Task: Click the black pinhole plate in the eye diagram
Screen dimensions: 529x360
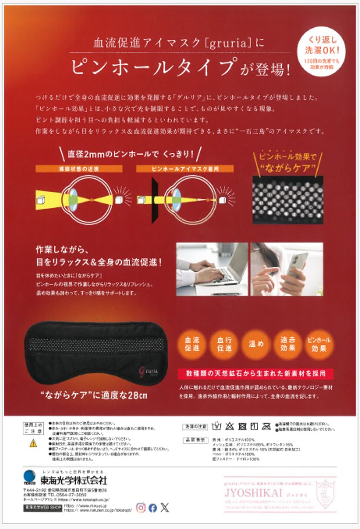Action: click(154, 201)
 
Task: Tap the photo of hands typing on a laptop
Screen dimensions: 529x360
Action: click(212, 269)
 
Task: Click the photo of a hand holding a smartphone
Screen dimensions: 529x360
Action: click(287, 269)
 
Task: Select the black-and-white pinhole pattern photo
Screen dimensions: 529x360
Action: click(287, 200)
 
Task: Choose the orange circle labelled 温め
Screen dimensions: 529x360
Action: click(256, 344)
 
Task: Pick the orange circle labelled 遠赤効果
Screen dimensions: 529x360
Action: click(288, 344)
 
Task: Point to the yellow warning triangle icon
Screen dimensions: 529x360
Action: click(33, 444)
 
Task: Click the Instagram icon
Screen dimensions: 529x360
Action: click(141, 507)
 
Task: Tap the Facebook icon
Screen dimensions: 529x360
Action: click(153, 508)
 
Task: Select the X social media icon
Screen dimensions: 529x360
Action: click(164, 507)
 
